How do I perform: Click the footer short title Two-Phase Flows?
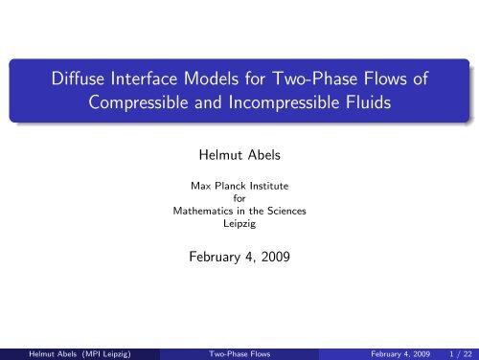click(x=239, y=349)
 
